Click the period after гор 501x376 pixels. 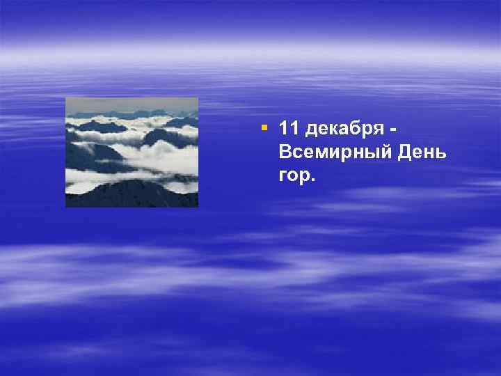(312, 180)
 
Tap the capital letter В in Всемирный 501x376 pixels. (284, 152)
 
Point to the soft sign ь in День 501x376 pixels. (440, 154)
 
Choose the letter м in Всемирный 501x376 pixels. (319, 154)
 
